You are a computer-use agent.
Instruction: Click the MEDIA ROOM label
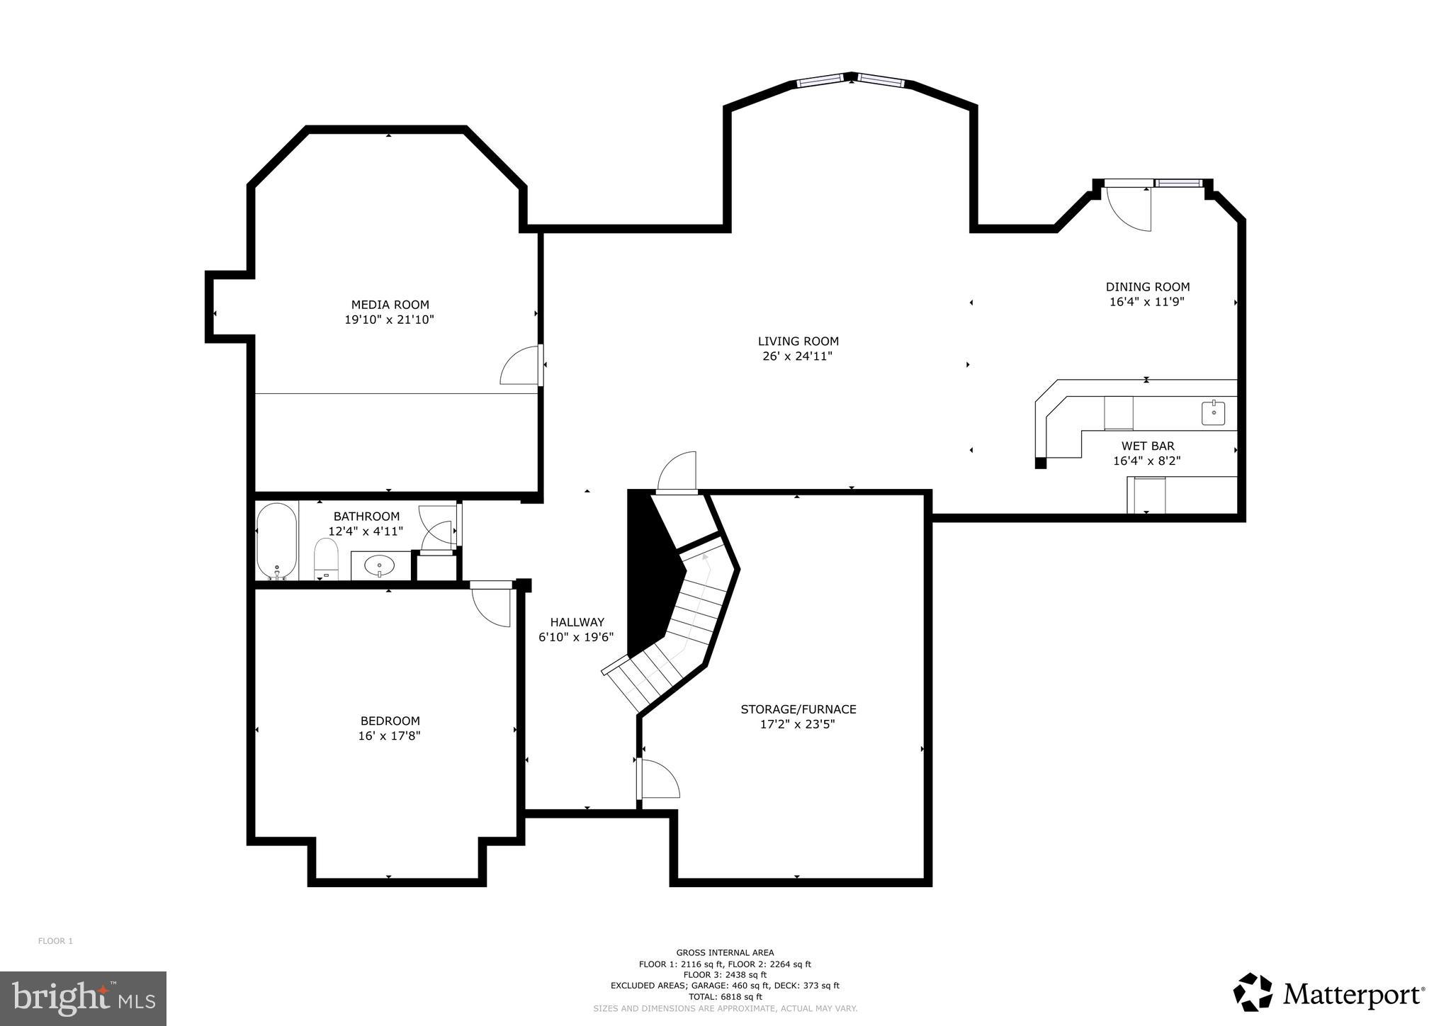click(390, 305)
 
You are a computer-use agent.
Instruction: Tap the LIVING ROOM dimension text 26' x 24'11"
click(797, 356)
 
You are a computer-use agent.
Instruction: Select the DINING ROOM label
click(1147, 286)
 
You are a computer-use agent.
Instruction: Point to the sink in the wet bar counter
click(1213, 412)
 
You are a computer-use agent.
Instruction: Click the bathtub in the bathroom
click(276, 541)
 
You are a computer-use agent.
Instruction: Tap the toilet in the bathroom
click(327, 558)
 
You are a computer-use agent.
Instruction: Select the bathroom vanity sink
click(380, 565)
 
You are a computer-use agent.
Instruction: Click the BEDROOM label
click(390, 721)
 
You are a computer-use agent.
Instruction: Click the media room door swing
click(521, 366)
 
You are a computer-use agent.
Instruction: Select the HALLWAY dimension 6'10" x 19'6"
click(575, 637)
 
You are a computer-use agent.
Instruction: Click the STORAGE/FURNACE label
click(798, 709)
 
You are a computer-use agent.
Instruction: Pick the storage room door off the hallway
click(658, 779)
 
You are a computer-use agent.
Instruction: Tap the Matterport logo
click(1329, 994)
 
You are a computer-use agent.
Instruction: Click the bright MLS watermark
click(84, 998)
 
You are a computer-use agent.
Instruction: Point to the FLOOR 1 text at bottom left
click(55, 941)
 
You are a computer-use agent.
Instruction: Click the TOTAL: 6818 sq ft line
click(725, 996)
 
